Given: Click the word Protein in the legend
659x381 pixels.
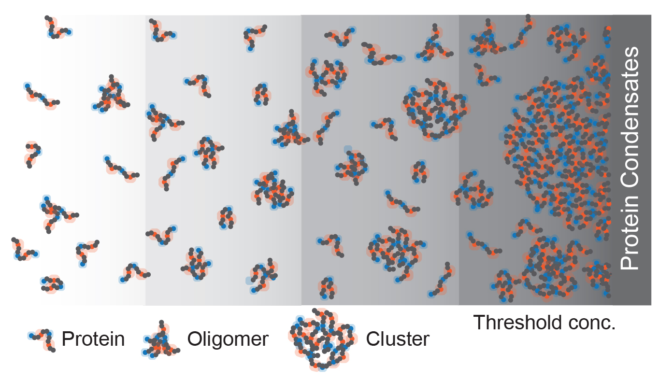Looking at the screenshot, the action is [93, 339].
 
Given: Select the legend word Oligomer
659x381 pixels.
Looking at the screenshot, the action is [228, 339].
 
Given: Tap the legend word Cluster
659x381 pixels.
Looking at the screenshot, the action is [398, 339].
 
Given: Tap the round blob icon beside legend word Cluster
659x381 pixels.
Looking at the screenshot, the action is [323, 339].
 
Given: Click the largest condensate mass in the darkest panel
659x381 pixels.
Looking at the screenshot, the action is [558, 153].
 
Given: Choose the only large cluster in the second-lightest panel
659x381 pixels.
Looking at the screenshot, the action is [272, 190].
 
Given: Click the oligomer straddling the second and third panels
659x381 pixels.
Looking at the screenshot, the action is [290, 130].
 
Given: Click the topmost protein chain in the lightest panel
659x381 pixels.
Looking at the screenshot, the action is [58, 28].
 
